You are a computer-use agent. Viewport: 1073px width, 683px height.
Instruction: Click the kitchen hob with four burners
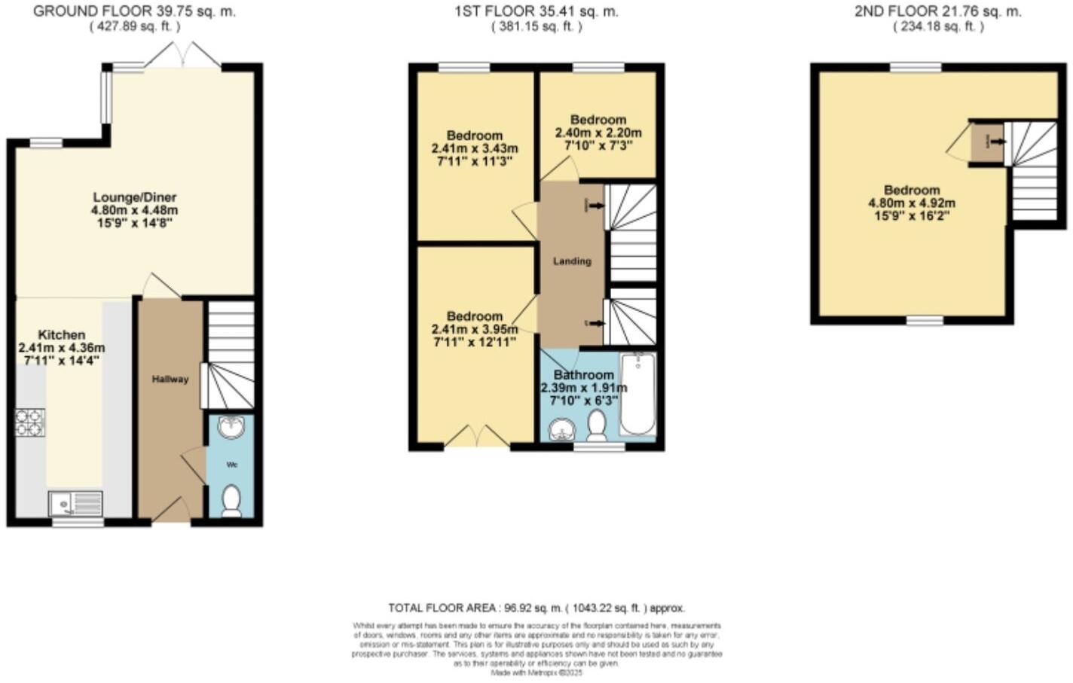[x=30, y=422]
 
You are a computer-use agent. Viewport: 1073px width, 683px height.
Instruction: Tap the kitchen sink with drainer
[x=75, y=502]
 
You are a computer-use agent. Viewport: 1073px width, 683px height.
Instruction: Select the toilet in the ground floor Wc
[x=231, y=502]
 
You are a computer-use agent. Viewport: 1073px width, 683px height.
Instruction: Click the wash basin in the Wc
[x=230, y=428]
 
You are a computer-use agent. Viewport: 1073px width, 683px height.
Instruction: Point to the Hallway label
[x=170, y=380]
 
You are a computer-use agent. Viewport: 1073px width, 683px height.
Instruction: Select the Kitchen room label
[x=62, y=334]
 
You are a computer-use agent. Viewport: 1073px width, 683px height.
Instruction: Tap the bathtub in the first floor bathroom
[x=637, y=394]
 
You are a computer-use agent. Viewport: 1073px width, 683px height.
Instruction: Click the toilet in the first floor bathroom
[x=598, y=425]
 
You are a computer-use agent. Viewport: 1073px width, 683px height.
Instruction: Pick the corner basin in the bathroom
[x=560, y=431]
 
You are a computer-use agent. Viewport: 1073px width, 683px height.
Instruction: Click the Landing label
[x=572, y=261]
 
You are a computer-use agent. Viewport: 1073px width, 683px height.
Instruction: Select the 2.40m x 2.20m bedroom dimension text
[x=598, y=133]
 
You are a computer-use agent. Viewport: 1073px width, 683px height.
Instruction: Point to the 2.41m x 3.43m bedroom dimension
[x=474, y=148]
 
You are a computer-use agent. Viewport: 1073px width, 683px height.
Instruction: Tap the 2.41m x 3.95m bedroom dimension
[x=474, y=329]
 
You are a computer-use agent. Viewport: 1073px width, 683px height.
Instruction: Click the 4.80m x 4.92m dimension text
[x=912, y=203]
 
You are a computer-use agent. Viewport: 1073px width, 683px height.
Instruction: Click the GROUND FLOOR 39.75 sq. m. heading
[x=134, y=11]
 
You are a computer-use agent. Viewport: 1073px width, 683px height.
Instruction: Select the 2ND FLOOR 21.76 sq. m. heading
[x=938, y=11]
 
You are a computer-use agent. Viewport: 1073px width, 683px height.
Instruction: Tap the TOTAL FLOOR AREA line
[x=536, y=608]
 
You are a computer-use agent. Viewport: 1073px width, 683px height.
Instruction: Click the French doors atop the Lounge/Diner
[x=182, y=57]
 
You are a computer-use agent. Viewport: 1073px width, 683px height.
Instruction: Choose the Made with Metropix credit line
[x=536, y=672]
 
